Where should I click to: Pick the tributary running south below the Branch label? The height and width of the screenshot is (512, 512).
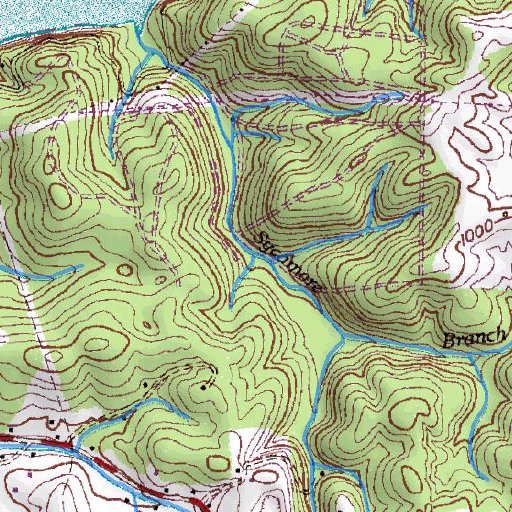click(x=481, y=400)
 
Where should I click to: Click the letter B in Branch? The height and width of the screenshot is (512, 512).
click(x=448, y=341)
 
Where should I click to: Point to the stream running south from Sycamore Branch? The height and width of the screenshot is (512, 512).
click(x=322, y=400)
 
